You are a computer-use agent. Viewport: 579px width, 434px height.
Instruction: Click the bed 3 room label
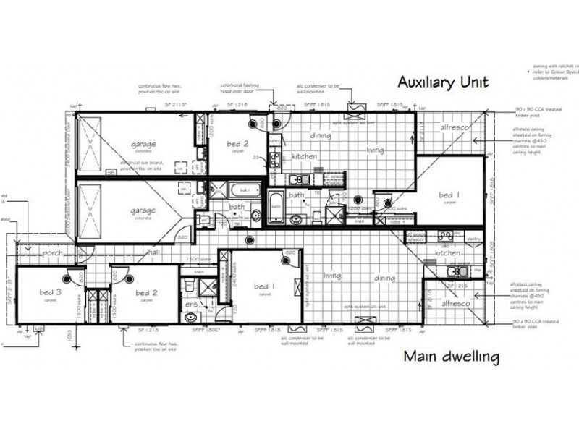pyautogui.click(x=50, y=292)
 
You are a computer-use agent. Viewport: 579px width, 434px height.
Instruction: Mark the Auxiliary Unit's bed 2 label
pyautogui.click(x=237, y=143)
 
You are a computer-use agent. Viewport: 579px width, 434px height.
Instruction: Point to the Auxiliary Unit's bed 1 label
pyautogui.click(x=449, y=195)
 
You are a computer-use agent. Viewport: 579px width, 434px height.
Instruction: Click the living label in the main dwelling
pyautogui.click(x=332, y=276)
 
